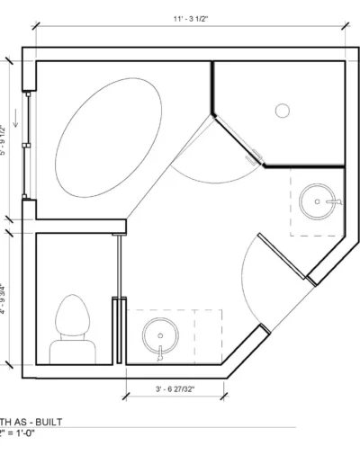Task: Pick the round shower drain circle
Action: click(282, 111)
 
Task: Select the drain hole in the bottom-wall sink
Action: click(158, 337)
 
